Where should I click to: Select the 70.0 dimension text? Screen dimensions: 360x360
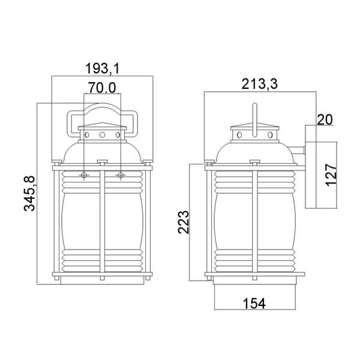102,88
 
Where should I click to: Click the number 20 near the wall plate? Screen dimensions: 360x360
324,119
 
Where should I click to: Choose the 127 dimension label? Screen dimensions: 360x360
334,175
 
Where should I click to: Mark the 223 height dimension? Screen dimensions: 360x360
184,222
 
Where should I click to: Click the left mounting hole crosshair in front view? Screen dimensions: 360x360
83,175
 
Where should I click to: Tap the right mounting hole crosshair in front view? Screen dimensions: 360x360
121,175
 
